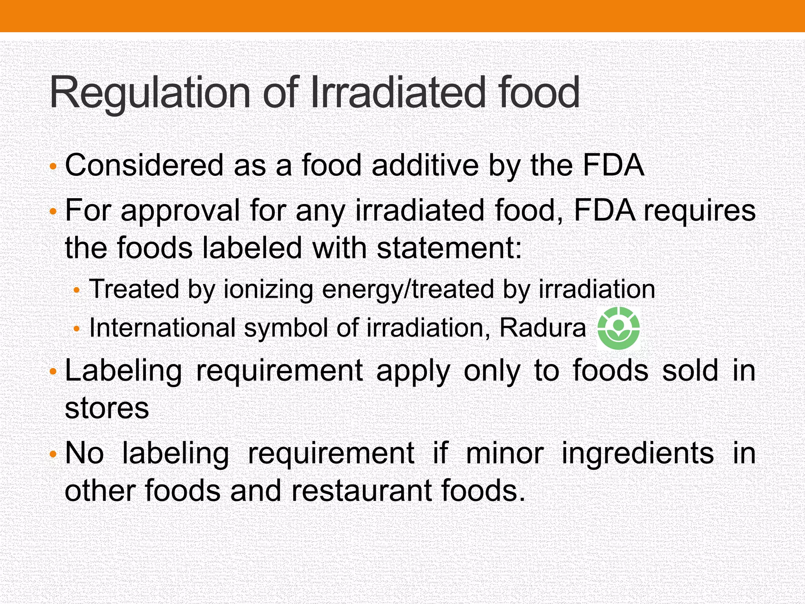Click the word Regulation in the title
(x=150, y=93)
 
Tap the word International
(x=162, y=328)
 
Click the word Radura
(x=542, y=328)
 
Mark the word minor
(x=505, y=453)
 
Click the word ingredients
(x=637, y=453)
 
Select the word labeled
(x=252, y=248)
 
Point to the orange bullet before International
(x=77, y=329)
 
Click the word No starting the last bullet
(x=85, y=453)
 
